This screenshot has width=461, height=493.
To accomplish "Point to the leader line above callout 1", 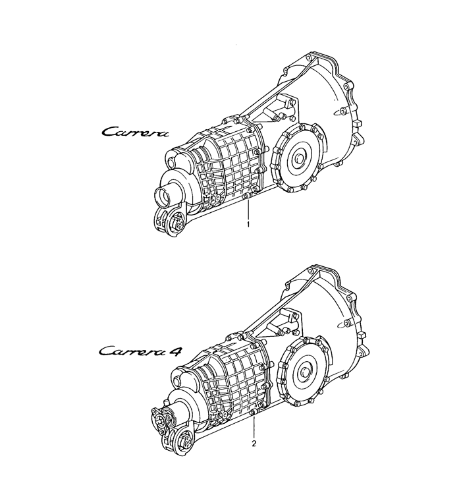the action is click(248, 210).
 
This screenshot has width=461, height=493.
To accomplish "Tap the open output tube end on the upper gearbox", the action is click(163, 196).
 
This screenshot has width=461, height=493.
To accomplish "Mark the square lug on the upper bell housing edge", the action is click(358, 123).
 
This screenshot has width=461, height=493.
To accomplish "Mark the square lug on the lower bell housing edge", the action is click(362, 335).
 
